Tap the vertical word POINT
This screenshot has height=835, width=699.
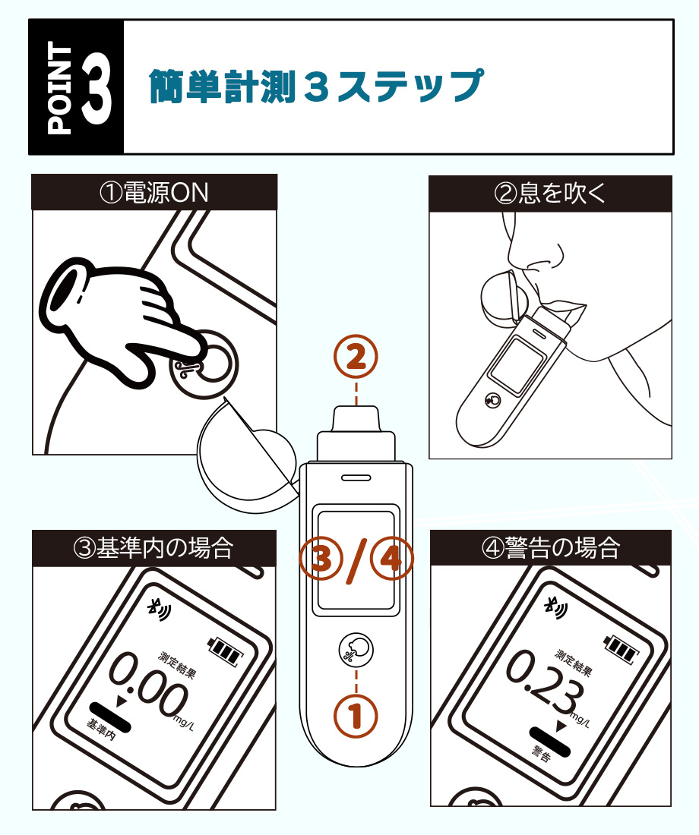[x=59, y=87]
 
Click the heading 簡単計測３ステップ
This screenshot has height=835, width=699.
[x=315, y=87]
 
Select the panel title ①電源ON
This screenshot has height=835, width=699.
[x=154, y=192]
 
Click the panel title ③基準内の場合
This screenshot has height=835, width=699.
[x=154, y=547]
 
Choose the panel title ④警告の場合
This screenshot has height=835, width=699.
[x=551, y=547]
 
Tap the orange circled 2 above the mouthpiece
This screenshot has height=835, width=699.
[x=357, y=358]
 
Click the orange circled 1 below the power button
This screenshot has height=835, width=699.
[x=357, y=715]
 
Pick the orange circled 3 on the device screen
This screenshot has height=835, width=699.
[x=322, y=560]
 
